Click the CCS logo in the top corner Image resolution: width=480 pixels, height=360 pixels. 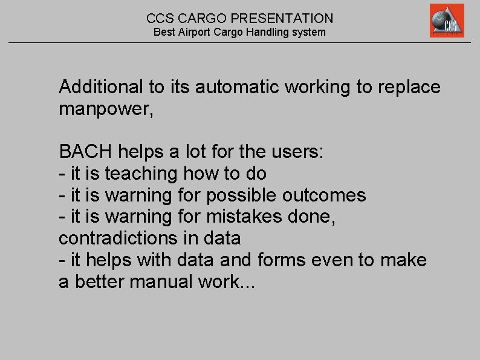[x=447, y=21]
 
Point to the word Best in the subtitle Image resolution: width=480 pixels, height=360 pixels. [x=164, y=32]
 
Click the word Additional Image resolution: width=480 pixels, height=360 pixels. [x=101, y=87]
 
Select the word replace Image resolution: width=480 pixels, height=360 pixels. [x=409, y=88]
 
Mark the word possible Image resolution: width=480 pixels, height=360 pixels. [x=241, y=195]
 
